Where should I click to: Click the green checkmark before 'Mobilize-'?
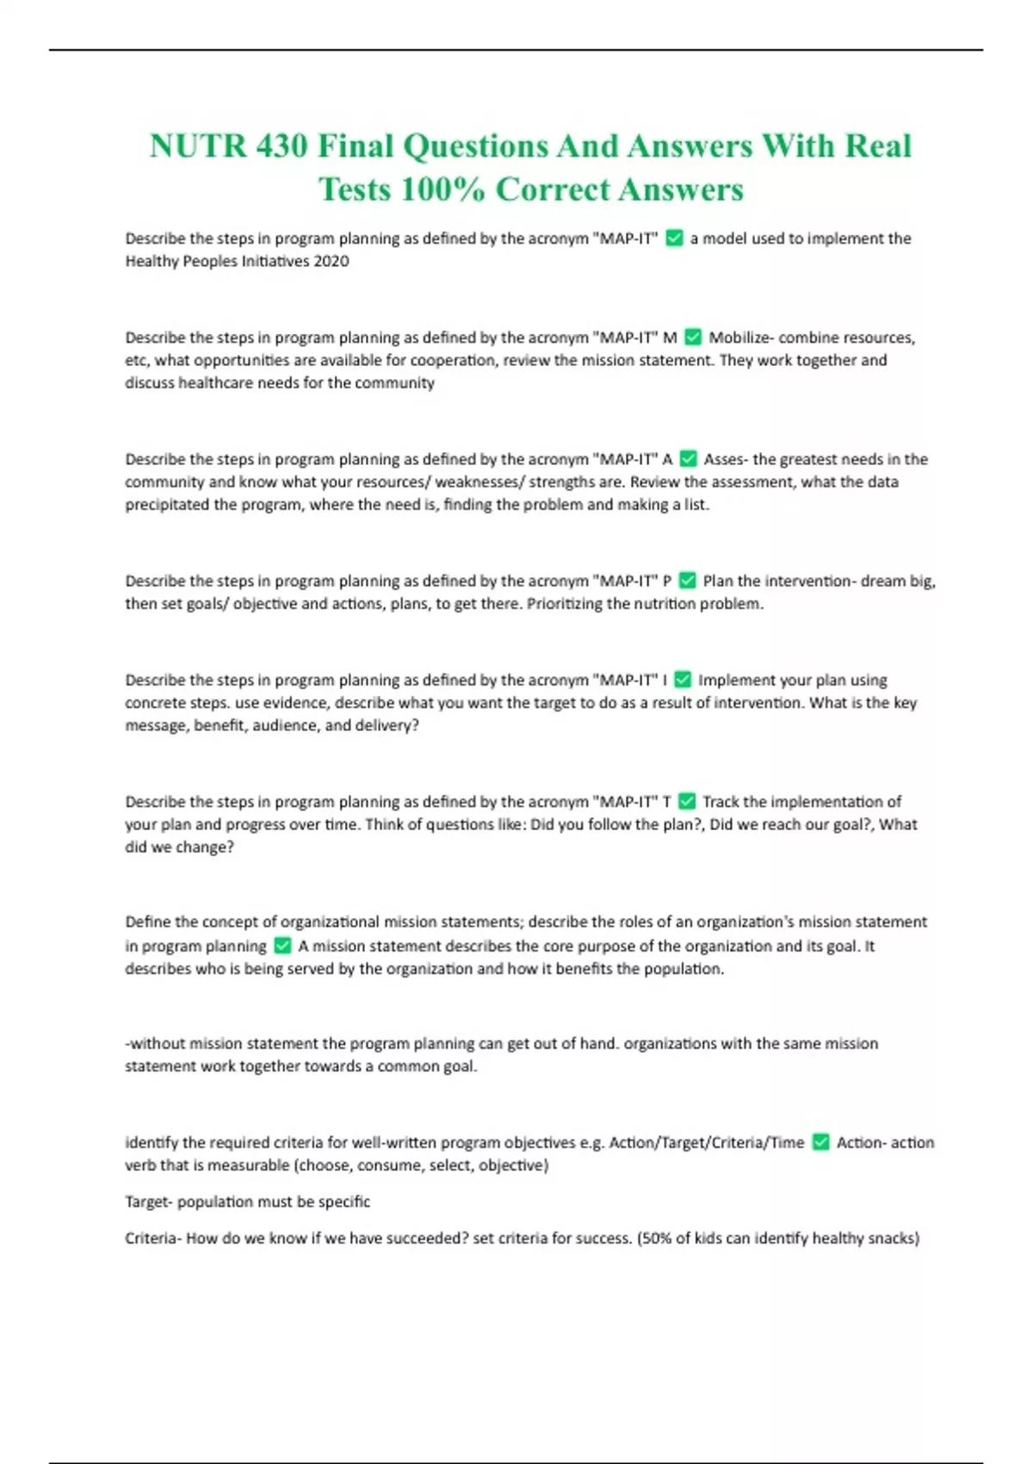tap(693, 337)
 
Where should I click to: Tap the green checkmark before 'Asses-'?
tap(688, 459)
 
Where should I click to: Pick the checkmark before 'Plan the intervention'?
tap(687, 580)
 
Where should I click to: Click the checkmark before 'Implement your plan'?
tap(683, 679)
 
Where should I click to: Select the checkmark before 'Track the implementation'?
tap(687, 801)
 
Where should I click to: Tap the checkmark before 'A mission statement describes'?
tap(282, 946)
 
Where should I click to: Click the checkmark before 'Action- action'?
tap(821, 1142)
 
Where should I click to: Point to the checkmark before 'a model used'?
tap(675, 238)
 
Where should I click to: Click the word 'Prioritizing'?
tap(564, 604)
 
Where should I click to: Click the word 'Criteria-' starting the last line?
tap(153, 1238)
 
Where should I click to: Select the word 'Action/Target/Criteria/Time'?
tap(706, 1143)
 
